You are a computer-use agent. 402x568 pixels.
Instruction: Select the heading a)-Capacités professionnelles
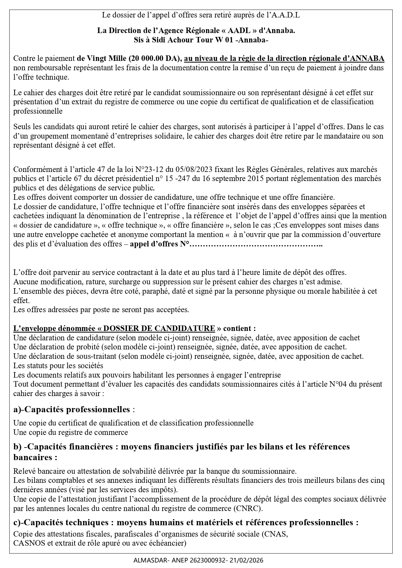(x=72, y=409)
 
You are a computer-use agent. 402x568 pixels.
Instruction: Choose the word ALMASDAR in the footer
(x=147, y=560)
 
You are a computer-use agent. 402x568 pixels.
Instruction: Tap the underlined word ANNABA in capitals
(x=367, y=59)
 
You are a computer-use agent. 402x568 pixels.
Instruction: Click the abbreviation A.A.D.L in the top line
(x=285, y=15)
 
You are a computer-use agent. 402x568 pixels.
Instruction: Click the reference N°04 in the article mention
(x=338, y=384)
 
